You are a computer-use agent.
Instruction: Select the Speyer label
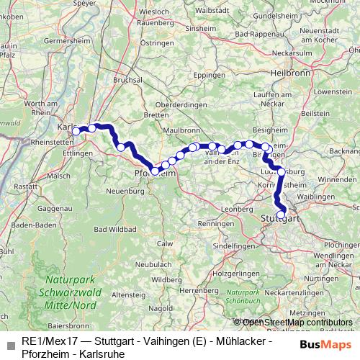[85, 3]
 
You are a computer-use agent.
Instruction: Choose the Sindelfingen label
[216, 246]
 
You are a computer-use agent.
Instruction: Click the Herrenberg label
[199, 289]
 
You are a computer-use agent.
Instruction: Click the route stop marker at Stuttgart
[281, 213]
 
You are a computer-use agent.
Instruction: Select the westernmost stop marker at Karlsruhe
[76, 131]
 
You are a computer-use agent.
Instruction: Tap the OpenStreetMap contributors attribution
[297, 322]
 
